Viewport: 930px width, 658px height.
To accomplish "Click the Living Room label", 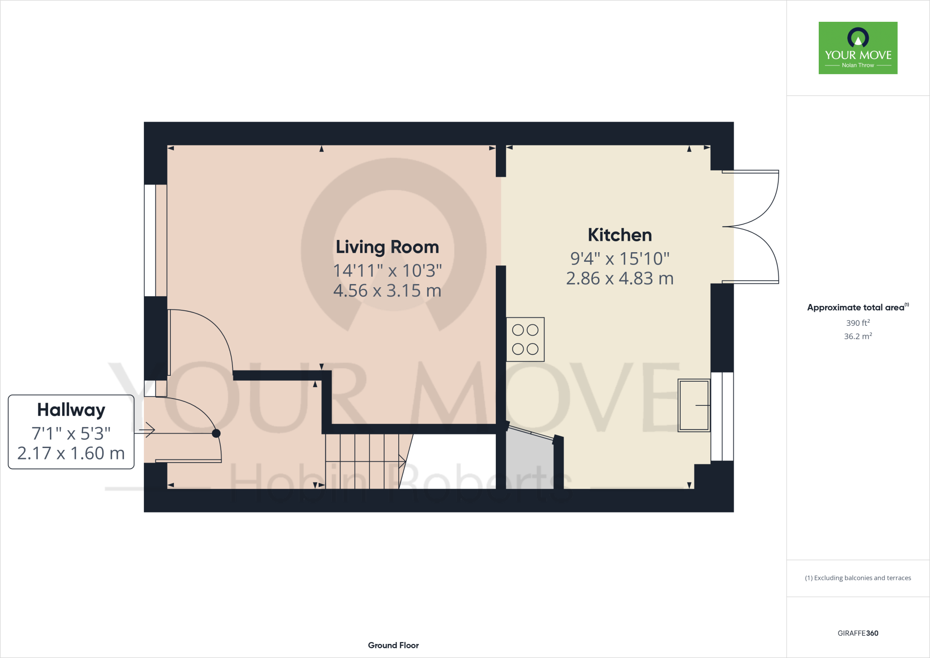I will pyautogui.click(x=387, y=247).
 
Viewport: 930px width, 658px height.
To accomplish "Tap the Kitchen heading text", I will pyautogui.click(x=619, y=235).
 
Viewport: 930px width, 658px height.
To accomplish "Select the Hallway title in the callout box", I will pyautogui.click(x=71, y=410).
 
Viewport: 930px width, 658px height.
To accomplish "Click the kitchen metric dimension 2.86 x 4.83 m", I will pyautogui.click(x=619, y=278).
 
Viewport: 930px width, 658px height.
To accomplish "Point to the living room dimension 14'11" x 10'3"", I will pyautogui.click(x=387, y=271).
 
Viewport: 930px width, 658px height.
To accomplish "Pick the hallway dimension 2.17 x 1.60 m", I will pyautogui.click(x=71, y=453).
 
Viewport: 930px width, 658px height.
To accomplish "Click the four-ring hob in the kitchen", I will pyautogui.click(x=525, y=339).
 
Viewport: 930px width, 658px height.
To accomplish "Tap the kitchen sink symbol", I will pyautogui.click(x=693, y=405).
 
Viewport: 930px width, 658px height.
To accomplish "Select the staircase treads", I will pyautogui.click(x=363, y=461).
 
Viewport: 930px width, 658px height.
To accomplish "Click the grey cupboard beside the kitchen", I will pyautogui.click(x=529, y=461).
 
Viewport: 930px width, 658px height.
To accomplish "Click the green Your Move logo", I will pyautogui.click(x=858, y=48).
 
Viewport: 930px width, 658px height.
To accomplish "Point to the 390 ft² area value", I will pyautogui.click(x=858, y=323).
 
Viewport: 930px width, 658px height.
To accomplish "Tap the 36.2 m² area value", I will pyautogui.click(x=858, y=336).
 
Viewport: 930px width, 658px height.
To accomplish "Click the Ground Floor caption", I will pyautogui.click(x=393, y=645).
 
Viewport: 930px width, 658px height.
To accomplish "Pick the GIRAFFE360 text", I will pyautogui.click(x=858, y=633).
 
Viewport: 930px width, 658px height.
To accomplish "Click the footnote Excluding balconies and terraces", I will pyautogui.click(x=858, y=578).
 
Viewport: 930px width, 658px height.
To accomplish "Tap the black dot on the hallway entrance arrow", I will pyautogui.click(x=216, y=434).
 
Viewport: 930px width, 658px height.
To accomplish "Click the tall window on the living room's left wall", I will pyautogui.click(x=150, y=240).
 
